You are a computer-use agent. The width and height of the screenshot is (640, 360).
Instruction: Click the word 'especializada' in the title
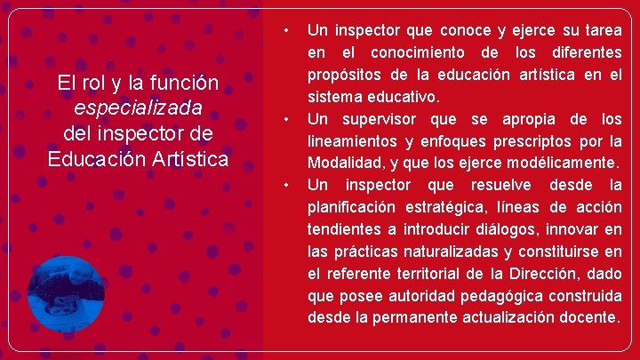click(x=139, y=108)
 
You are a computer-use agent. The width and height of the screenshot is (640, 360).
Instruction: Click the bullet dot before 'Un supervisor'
click(x=285, y=119)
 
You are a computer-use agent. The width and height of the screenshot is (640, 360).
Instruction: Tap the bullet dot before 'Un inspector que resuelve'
click(x=285, y=185)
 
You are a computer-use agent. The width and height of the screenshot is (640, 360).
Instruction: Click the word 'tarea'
click(x=601, y=31)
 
